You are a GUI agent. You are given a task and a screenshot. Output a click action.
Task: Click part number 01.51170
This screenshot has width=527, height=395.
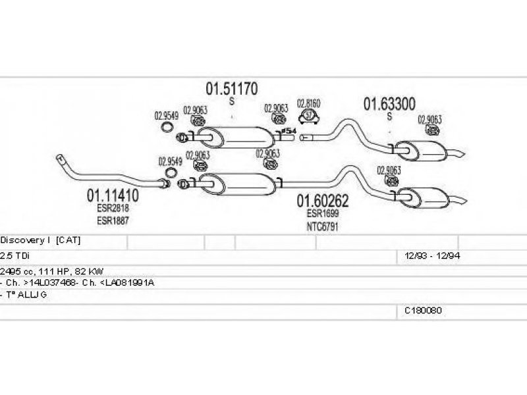[231, 88]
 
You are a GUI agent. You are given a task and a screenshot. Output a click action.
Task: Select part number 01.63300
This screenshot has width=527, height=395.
[389, 104]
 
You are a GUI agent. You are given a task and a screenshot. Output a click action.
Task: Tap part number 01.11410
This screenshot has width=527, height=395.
[113, 196]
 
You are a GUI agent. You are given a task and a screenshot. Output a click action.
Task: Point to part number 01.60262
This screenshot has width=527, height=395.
[322, 201]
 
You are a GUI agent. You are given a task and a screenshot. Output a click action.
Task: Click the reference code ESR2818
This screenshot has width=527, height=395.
[113, 207]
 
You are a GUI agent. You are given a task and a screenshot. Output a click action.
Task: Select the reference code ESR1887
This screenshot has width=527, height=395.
[113, 220]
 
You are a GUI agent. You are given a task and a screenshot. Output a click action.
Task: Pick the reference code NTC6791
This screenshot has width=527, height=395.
[321, 226]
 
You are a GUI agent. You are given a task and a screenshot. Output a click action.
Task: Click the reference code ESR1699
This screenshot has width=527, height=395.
[321, 213]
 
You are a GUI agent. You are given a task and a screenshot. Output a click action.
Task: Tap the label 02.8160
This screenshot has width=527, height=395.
[308, 104]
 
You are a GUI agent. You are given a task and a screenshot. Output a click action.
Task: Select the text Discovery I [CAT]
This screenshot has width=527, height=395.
[41, 240]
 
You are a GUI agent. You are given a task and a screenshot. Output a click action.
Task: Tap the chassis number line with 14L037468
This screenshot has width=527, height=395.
[78, 282]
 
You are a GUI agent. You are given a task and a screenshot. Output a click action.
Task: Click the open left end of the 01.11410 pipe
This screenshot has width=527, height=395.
[60, 159]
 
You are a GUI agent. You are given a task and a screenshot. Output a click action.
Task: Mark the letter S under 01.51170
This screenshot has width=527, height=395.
[231, 101]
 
